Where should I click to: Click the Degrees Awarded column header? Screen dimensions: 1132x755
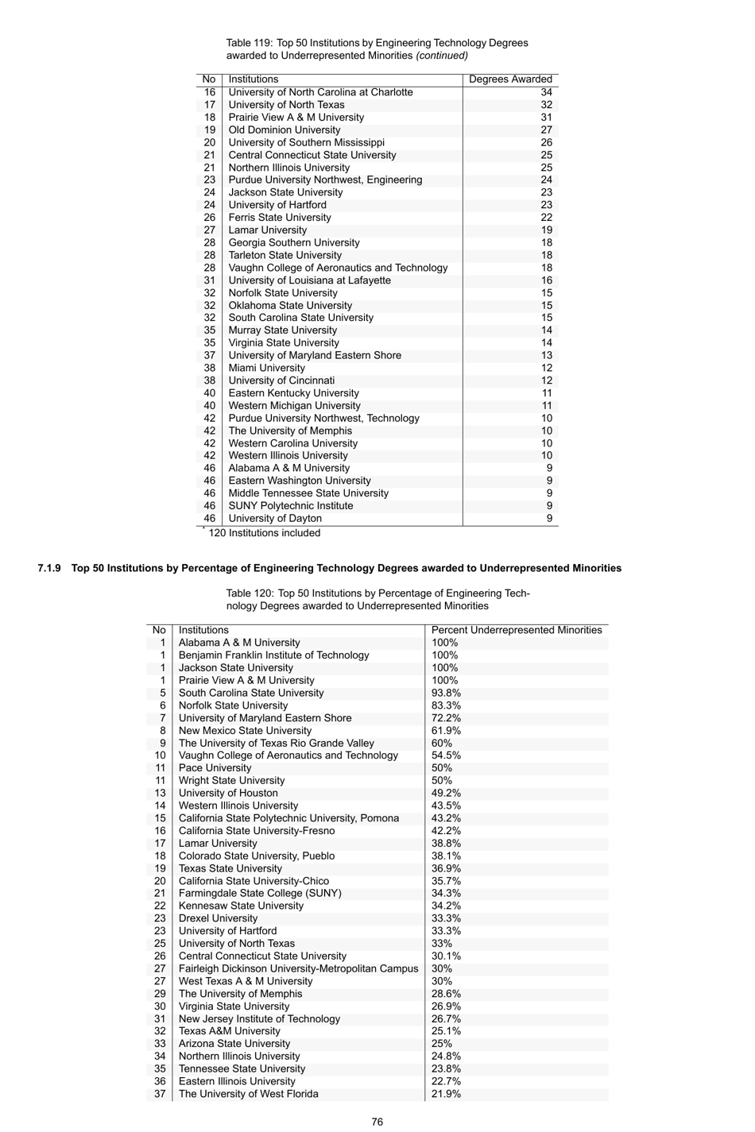[x=510, y=79]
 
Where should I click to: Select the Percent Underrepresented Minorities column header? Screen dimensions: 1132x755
[x=517, y=630]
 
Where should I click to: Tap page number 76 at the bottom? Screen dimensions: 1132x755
[x=377, y=1122]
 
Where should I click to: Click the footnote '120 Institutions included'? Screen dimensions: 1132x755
[x=264, y=533]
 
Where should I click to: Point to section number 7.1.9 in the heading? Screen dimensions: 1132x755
[x=49, y=568]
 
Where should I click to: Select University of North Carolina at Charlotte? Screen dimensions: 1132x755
[x=320, y=92]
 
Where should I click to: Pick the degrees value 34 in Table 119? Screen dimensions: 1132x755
[x=546, y=92]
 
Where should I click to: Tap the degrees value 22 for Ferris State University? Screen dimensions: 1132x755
[x=546, y=218]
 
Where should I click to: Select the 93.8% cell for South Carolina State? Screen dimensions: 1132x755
[x=446, y=693]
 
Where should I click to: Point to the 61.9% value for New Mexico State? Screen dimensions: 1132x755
[x=446, y=731]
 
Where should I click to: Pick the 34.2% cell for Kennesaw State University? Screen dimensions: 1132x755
[x=446, y=906]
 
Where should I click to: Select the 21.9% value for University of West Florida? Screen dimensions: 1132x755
[x=446, y=1094]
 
